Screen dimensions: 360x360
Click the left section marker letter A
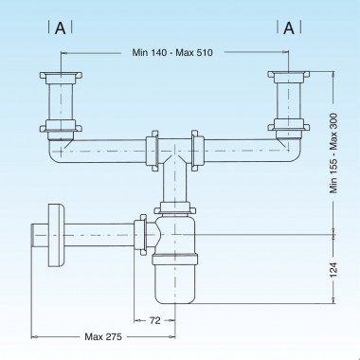61,27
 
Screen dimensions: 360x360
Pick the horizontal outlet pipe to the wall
95,231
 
